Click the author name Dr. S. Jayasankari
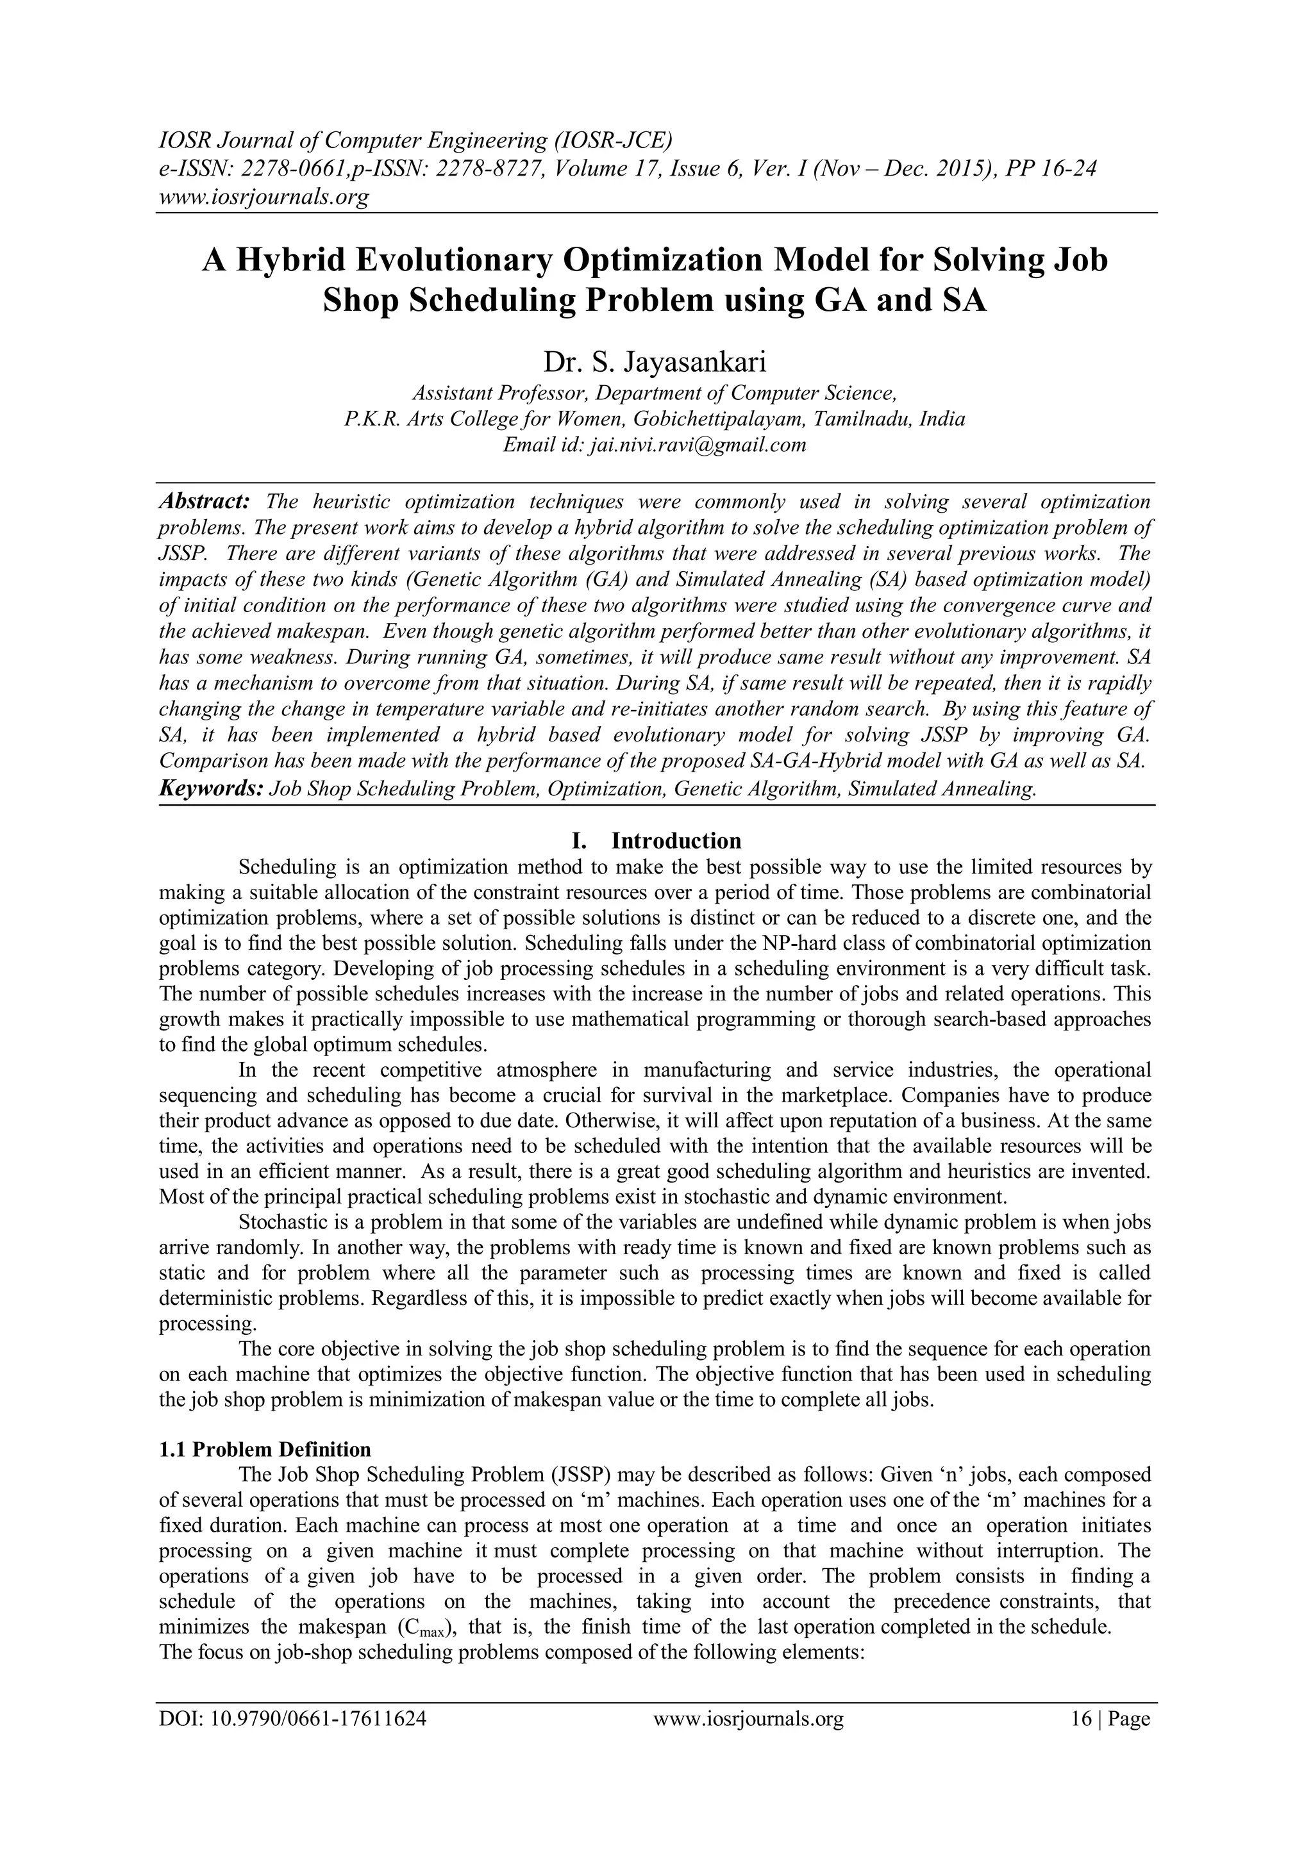click(654, 361)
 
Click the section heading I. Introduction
click(656, 841)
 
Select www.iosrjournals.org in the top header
click(263, 197)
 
